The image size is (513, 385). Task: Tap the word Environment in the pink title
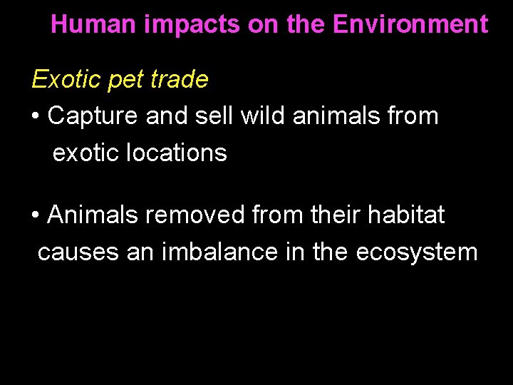410,25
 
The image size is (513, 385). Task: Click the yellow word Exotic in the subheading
66,79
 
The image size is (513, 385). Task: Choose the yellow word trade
181,79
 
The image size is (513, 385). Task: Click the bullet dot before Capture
36,116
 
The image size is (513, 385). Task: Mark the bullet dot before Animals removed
36,215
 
